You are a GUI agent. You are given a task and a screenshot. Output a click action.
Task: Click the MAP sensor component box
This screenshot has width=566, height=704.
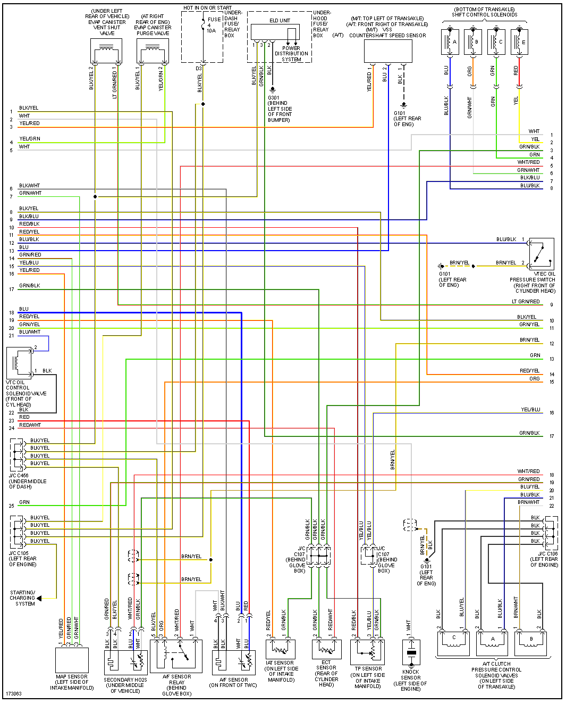72,660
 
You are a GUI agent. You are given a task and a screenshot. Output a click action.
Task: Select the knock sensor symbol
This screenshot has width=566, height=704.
411,652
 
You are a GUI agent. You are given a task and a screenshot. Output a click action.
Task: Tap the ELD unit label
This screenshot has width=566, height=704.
280,20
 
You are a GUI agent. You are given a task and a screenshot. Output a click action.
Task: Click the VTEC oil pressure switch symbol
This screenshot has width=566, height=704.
542,254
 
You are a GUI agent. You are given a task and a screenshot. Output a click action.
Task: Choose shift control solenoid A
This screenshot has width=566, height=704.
450,42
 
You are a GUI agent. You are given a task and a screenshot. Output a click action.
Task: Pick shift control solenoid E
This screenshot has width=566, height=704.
519,42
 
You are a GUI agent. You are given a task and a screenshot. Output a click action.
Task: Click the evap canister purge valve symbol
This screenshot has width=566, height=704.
153,52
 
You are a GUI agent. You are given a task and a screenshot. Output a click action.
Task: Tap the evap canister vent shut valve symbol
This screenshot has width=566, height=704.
106,52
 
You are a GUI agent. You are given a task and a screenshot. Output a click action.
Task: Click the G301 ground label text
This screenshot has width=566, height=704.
274,98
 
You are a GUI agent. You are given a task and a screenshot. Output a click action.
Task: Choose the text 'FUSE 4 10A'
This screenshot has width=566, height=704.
214,25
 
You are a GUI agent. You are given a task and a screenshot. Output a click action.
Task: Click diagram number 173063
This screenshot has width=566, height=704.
14,694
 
